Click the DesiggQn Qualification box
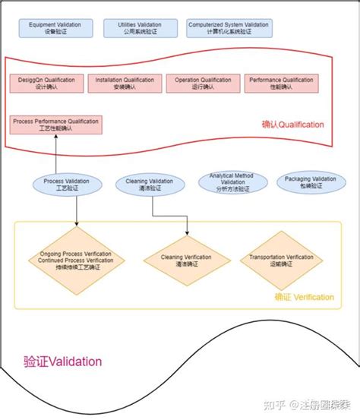pyautogui.click(x=45, y=83)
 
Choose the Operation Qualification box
pyautogui.click(x=202, y=83)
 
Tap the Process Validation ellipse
pyautogui.click(x=66, y=185)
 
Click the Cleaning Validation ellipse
pyautogui.click(x=150, y=185)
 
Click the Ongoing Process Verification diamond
pyautogui.click(x=77, y=260)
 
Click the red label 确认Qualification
pyautogui.click(x=293, y=125)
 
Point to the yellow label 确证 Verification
pyautogui.click(x=304, y=297)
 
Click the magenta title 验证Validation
pyautogui.click(x=62, y=362)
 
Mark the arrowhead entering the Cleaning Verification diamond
pyautogui.click(x=187, y=232)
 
